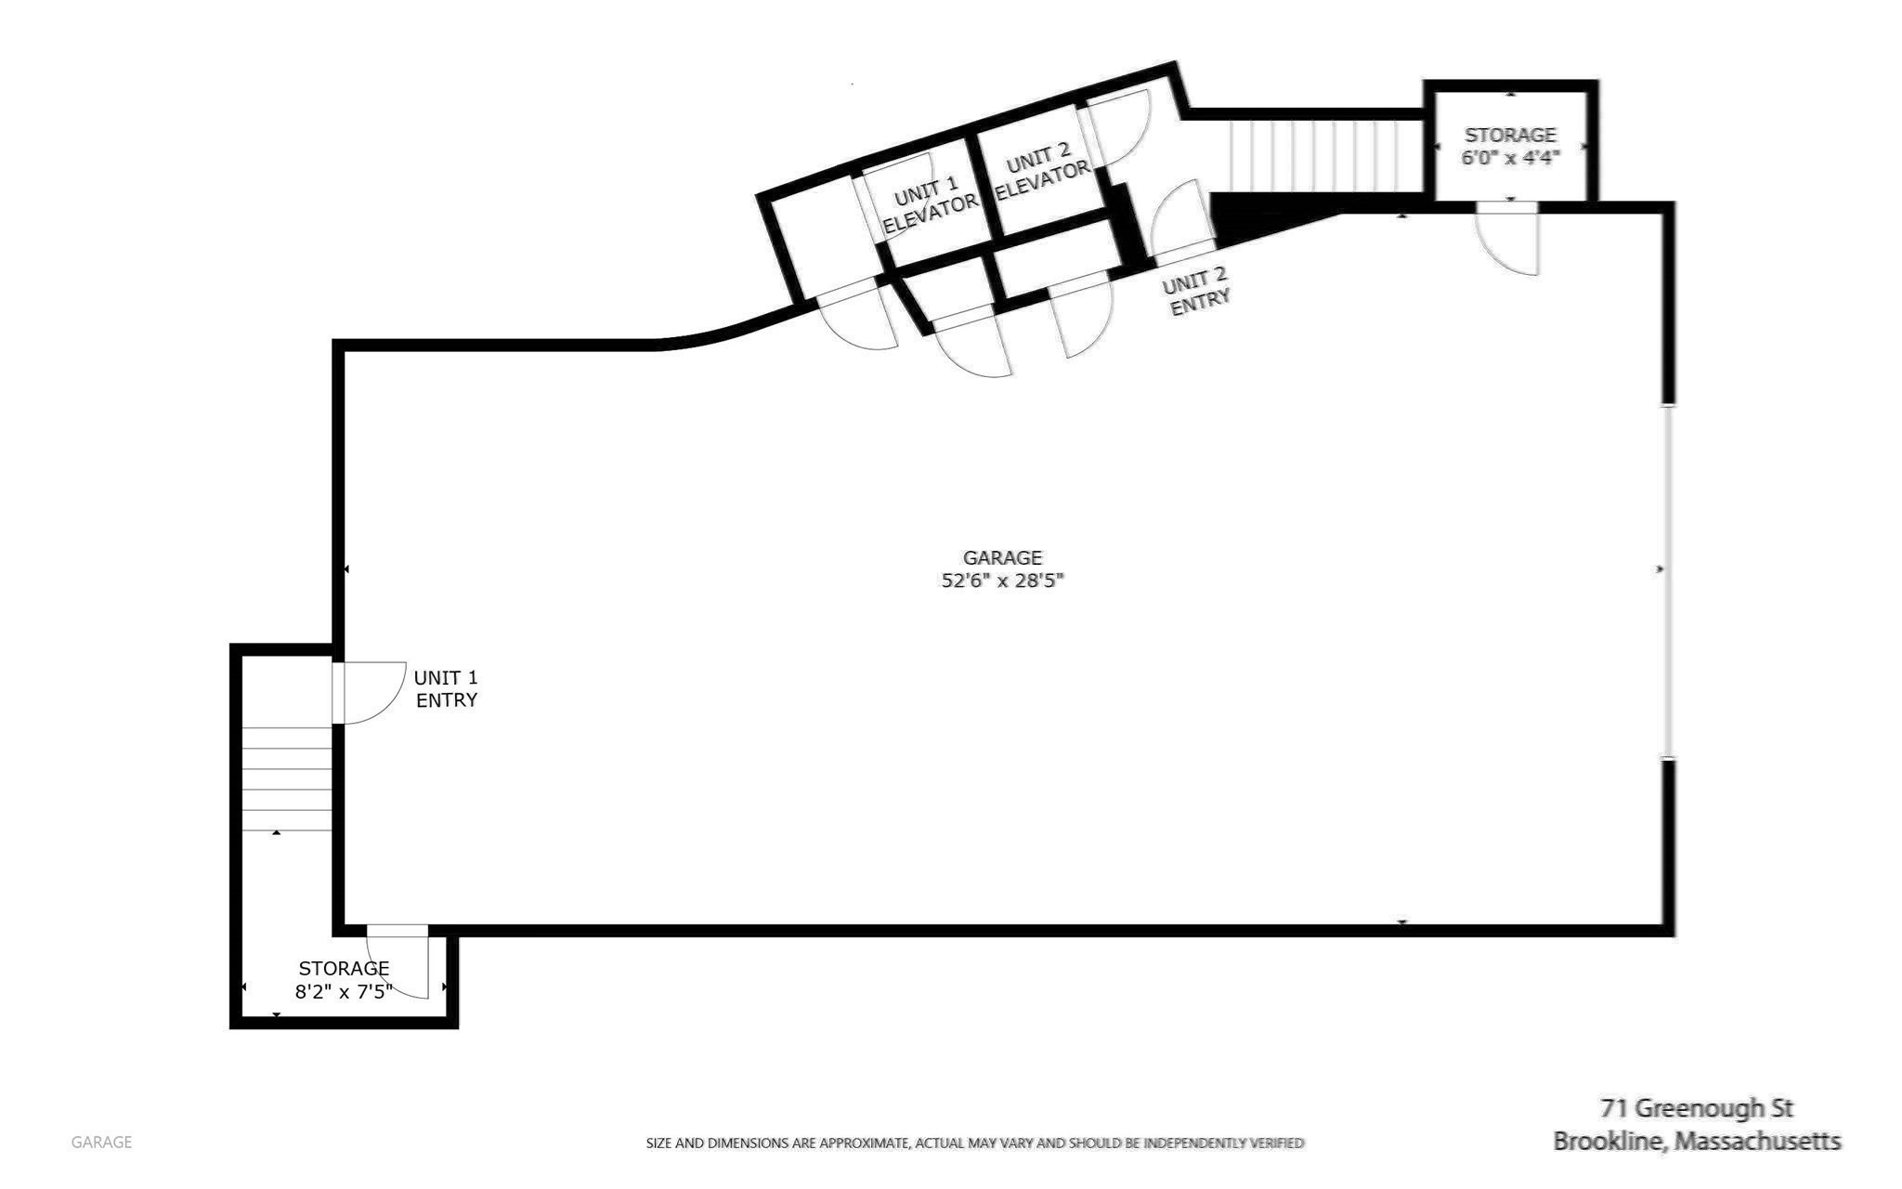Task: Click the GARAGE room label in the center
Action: click(x=1002, y=557)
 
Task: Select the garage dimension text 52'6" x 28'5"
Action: click(x=1002, y=581)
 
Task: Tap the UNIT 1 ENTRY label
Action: click(x=446, y=688)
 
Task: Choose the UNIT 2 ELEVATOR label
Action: click(x=1041, y=173)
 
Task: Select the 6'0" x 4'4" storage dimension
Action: click(x=1509, y=158)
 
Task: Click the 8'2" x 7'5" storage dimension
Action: click(x=344, y=992)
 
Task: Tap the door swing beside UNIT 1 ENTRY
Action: click(x=370, y=692)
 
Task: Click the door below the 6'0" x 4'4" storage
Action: click(x=1508, y=240)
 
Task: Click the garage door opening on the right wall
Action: click(x=1668, y=581)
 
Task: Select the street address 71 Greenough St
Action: click(x=1696, y=1108)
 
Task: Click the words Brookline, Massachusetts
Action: click(x=1697, y=1141)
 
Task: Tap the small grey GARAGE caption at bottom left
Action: click(x=101, y=1142)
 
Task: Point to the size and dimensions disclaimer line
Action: click(x=974, y=1143)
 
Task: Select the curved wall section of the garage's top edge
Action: click(x=734, y=331)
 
